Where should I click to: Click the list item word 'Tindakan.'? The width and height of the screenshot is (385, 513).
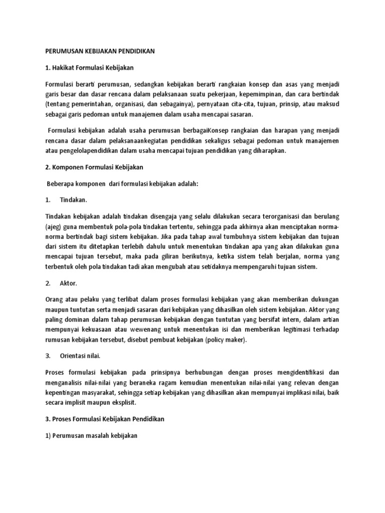click(x=74, y=200)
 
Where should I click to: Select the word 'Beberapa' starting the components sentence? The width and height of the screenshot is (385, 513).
click(x=61, y=184)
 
